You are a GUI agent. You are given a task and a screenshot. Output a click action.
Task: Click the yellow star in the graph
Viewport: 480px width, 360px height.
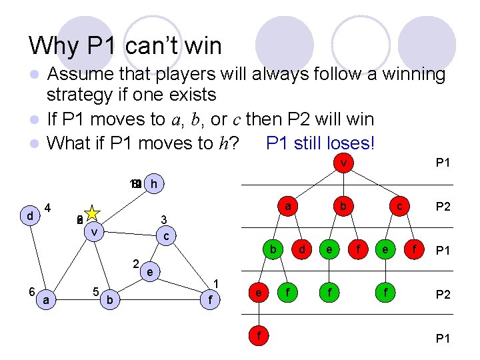click(91, 215)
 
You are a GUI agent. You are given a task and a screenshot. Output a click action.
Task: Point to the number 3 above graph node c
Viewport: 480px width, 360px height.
click(164, 219)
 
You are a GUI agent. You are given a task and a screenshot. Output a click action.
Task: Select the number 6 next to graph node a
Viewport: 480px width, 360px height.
click(32, 292)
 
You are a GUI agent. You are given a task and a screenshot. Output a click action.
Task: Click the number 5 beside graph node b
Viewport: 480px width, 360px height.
click(96, 291)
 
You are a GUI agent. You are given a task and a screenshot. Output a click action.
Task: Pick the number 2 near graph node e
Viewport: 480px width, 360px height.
click(135, 262)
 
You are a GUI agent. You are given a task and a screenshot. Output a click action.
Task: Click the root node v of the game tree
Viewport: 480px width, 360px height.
click(343, 163)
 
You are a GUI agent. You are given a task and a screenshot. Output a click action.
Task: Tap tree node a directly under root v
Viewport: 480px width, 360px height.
click(287, 207)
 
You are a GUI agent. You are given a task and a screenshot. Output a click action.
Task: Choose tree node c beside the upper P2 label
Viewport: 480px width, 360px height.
click(399, 207)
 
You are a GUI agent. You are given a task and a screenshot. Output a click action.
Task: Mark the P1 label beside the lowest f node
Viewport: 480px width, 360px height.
click(443, 338)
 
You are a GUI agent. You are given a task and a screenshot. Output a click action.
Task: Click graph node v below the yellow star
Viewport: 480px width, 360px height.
click(95, 231)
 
